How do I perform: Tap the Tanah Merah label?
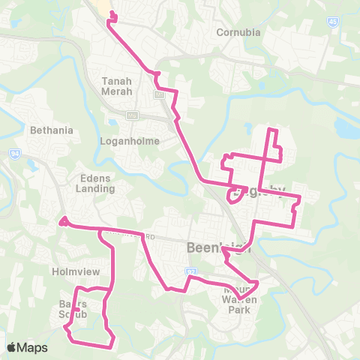click(x=117, y=85)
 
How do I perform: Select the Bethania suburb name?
click(x=51, y=130)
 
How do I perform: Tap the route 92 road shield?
click(x=191, y=270)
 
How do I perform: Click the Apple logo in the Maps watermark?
click(x=12, y=347)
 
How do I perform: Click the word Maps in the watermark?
click(x=33, y=347)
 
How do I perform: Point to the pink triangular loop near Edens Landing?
click(x=64, y=221)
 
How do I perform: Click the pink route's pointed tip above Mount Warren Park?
click(x=258, y=283)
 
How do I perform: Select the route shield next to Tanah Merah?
click(x=158, y=94)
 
